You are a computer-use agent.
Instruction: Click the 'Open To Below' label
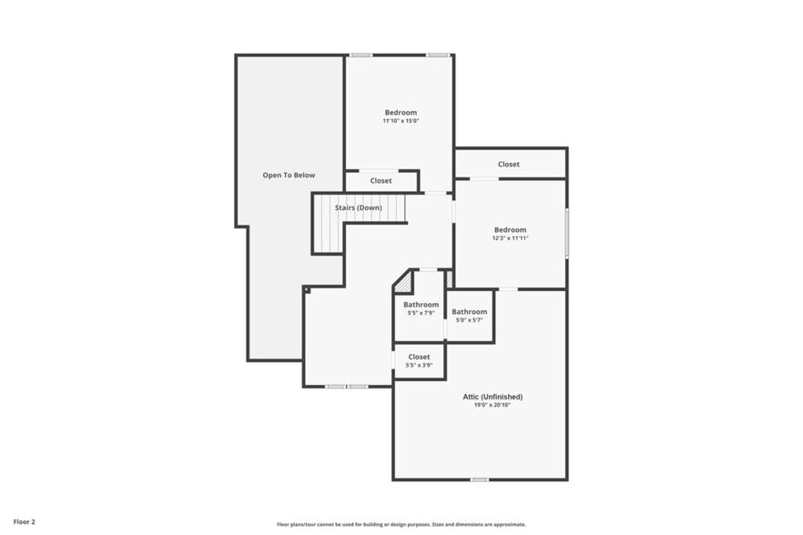(x=289, y=175)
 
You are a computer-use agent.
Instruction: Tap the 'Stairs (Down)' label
(x=358, y=207)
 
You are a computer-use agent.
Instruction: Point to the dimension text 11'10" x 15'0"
(x=401, y=121)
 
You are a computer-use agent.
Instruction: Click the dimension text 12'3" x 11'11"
(x=511, y=238)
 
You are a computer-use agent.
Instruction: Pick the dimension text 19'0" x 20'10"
(x=492, y=405)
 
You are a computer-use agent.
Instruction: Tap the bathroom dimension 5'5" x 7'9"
(x=422, y=313)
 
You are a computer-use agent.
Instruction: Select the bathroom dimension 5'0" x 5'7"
(x=470, y=320)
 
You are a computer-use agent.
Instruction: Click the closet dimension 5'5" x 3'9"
(x=419, y=365)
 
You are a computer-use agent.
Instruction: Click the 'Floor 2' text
(x=25, y=522)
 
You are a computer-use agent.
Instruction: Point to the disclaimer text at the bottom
(x=401, y=524)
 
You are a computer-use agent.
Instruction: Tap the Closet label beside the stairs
(x=381, y=181)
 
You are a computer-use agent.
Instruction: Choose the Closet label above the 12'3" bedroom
(x=509, y=164)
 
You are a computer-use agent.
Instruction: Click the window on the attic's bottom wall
(x=479, y=479)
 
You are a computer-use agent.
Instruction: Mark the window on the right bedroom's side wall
(x=566, y=233)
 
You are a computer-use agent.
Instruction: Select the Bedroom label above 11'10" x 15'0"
(x=401, y=112)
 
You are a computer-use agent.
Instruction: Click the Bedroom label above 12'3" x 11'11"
(x=511, y=229)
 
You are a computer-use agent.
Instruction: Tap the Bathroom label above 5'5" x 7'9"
(x=422, y=305)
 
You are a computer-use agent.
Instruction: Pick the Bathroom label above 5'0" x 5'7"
(x=470, y=312)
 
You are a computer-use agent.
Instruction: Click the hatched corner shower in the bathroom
(x=402, y=283)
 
